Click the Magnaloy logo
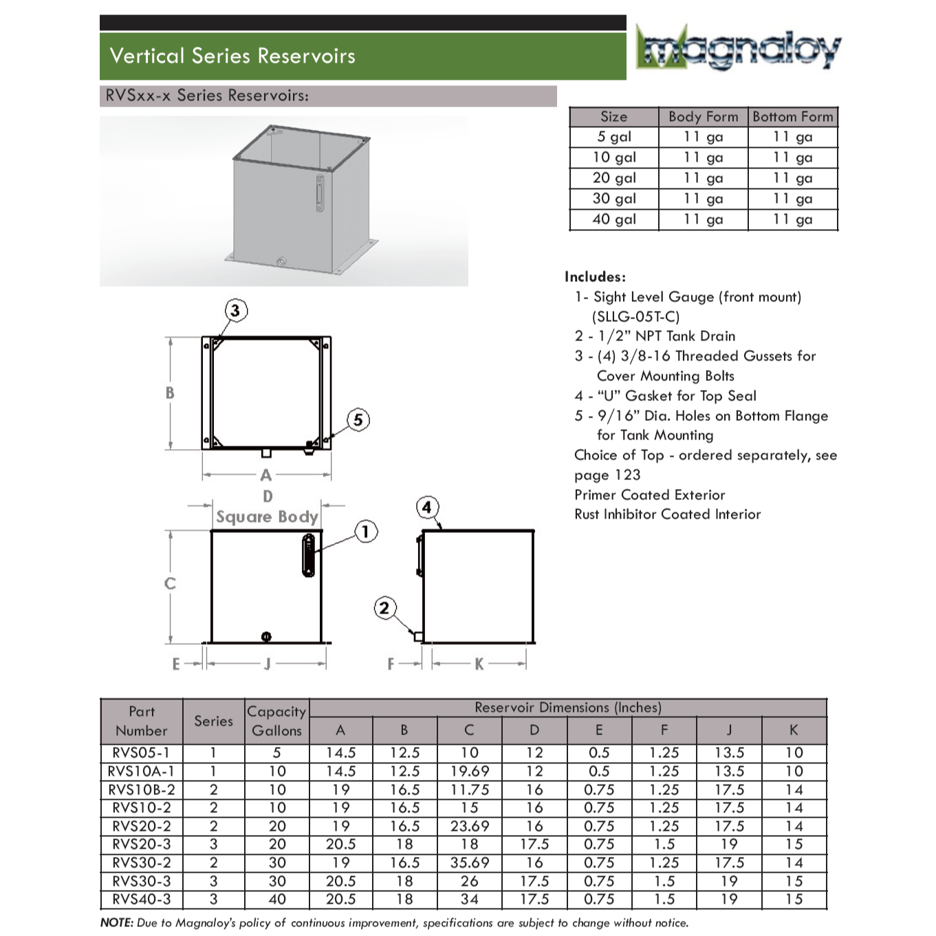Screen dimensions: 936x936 (x=738, y=48)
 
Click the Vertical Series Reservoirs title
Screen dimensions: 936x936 (x=232, y=56)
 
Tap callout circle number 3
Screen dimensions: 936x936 (x=236, y=310)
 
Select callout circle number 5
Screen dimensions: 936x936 (x=358, y=420)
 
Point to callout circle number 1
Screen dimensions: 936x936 (x=366, y=532)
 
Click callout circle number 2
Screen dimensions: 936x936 (x=384, y=608)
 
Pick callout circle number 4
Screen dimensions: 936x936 (x=427, y=508)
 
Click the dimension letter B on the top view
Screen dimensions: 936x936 (x=170, y=393)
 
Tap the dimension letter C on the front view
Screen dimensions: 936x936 (x=170, y=584)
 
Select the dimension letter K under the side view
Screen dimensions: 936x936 (x=479, y=664)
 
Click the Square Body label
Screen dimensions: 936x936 (x=267, y=517)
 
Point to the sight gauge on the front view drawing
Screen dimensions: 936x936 (x=309, y=554)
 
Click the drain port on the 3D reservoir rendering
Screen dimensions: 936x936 (x=281, y=261)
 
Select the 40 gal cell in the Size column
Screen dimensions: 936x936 (x=614, y=219)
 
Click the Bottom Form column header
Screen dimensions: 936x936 (x=792, y=117)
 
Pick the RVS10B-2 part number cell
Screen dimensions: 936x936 (x=142, y=790)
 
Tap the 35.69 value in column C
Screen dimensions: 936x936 (x=469, y=862)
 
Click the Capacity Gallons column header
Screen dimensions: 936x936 (x=276, y=721)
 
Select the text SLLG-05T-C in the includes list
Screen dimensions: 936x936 (x=635, y=317)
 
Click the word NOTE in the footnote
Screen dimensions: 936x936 (x=116, y=923)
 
